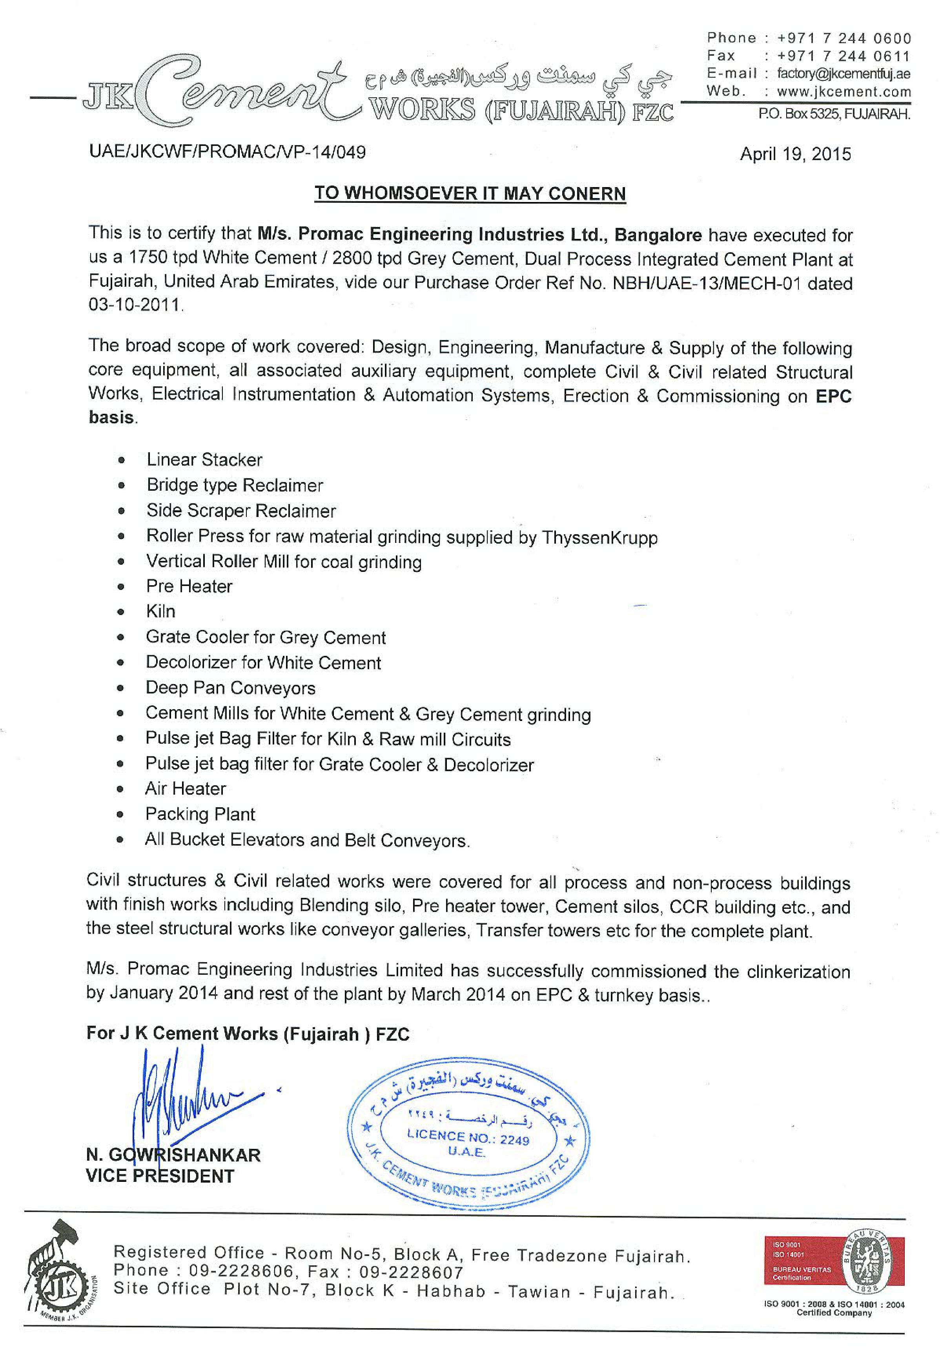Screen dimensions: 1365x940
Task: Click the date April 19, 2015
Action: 795,154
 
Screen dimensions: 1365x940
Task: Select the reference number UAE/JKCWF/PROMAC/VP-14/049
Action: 227,152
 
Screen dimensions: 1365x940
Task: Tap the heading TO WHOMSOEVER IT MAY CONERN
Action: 470,194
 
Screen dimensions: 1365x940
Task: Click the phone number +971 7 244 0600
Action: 844,38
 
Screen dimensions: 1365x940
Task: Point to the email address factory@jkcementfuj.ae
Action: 843,74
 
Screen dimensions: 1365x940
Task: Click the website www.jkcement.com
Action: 843,92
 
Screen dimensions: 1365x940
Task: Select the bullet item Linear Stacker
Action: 204,460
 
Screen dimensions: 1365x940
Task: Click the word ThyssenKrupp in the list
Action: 599,538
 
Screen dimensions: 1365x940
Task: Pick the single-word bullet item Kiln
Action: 161,611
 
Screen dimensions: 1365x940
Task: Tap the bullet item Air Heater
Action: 186,789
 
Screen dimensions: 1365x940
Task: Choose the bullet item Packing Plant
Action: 200,814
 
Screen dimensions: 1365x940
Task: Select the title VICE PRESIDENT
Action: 160,1177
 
